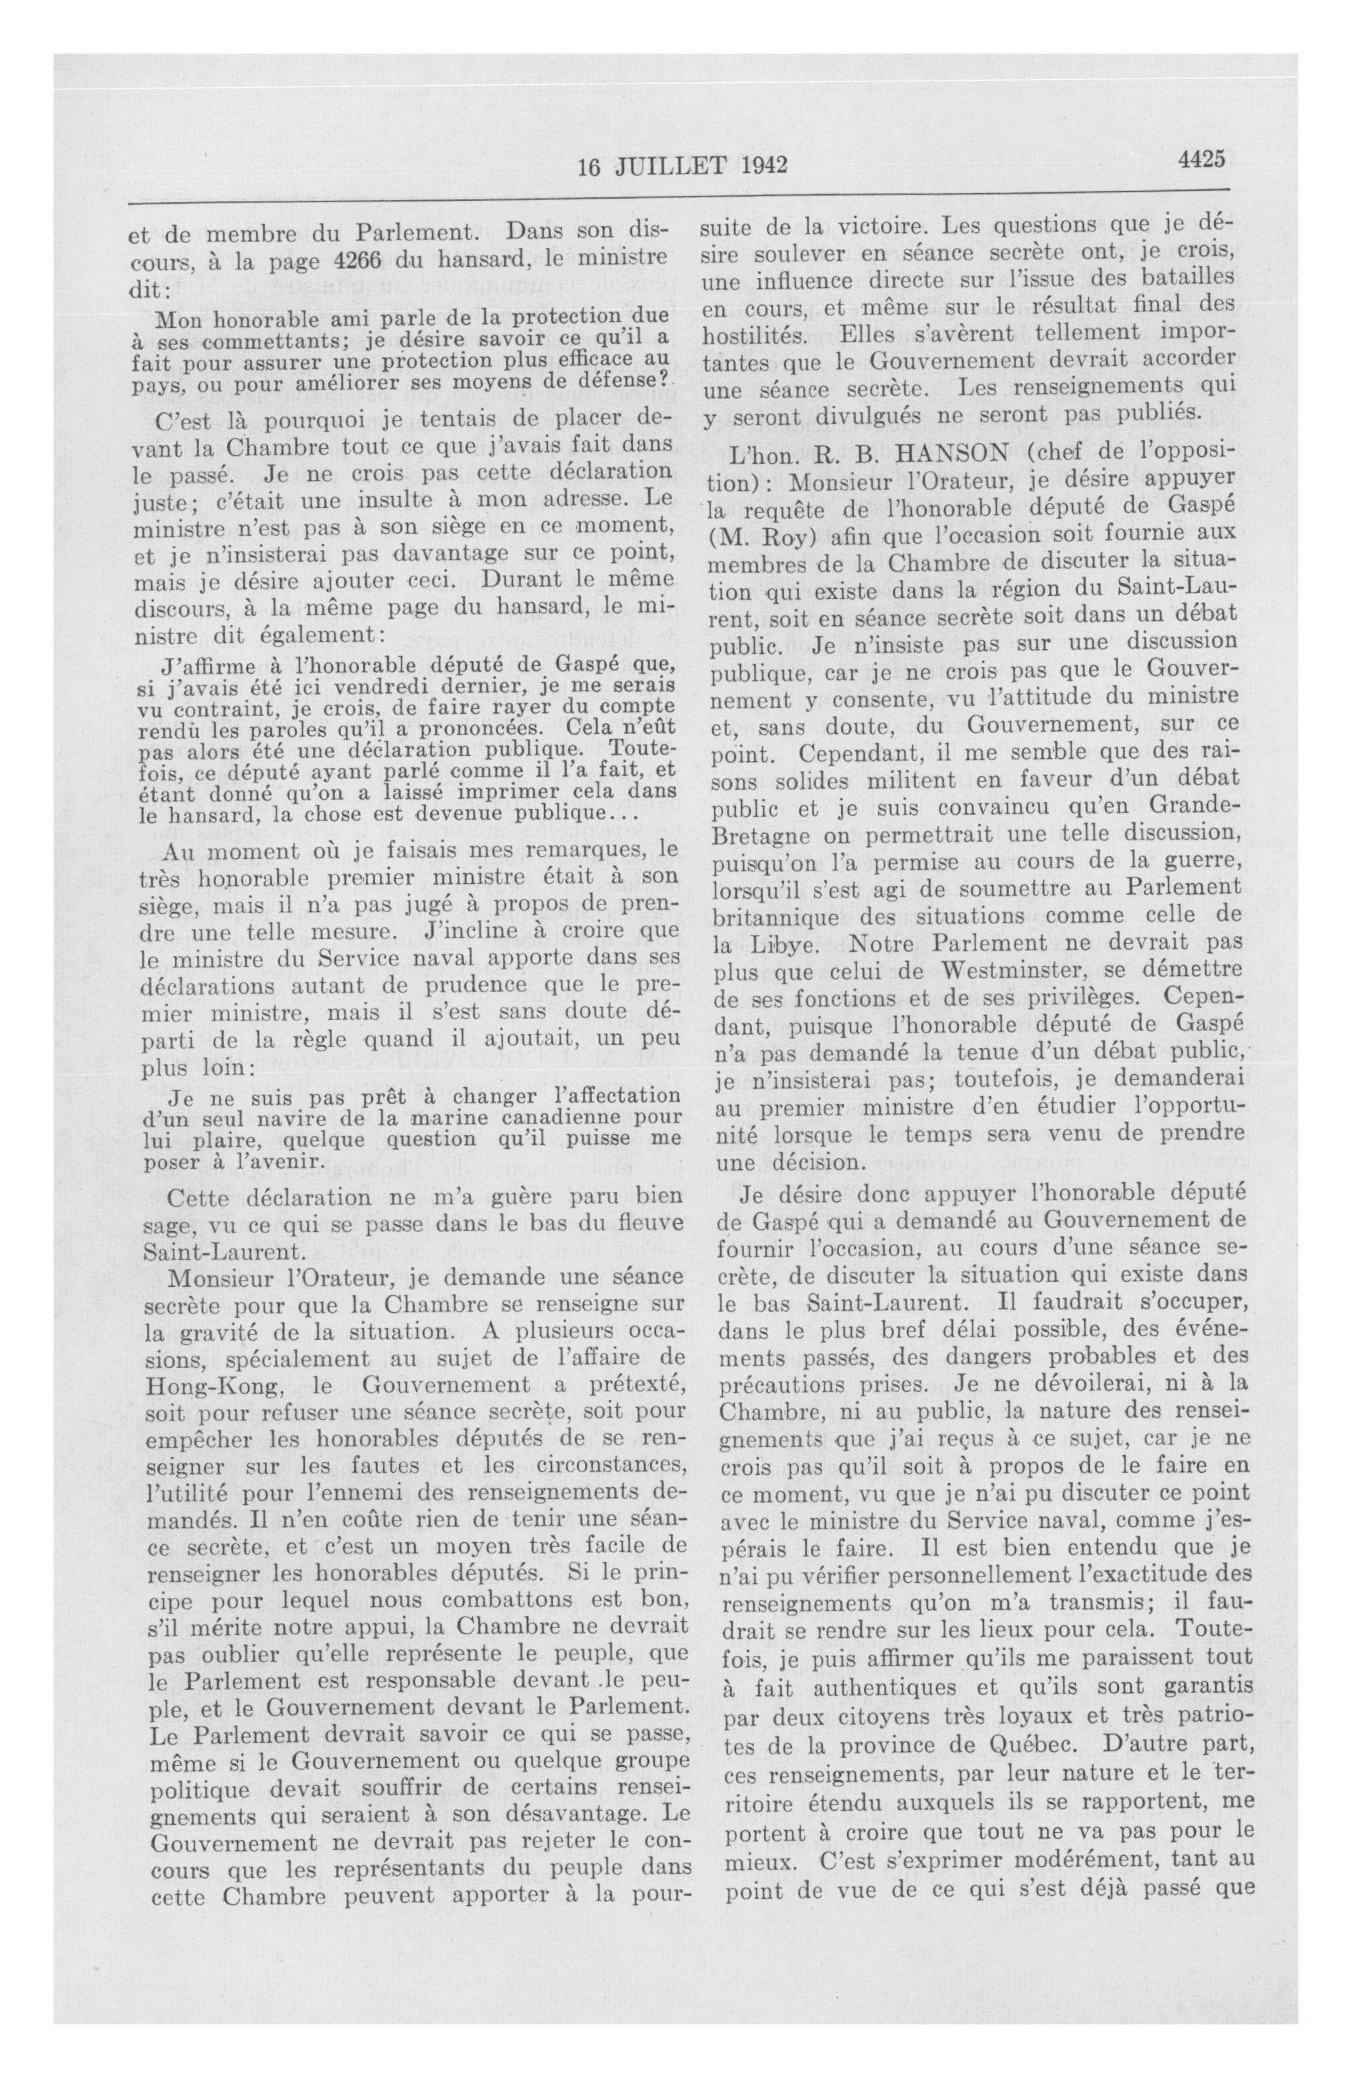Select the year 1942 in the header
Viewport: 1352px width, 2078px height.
pyautogui.click(x=759, y=165)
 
